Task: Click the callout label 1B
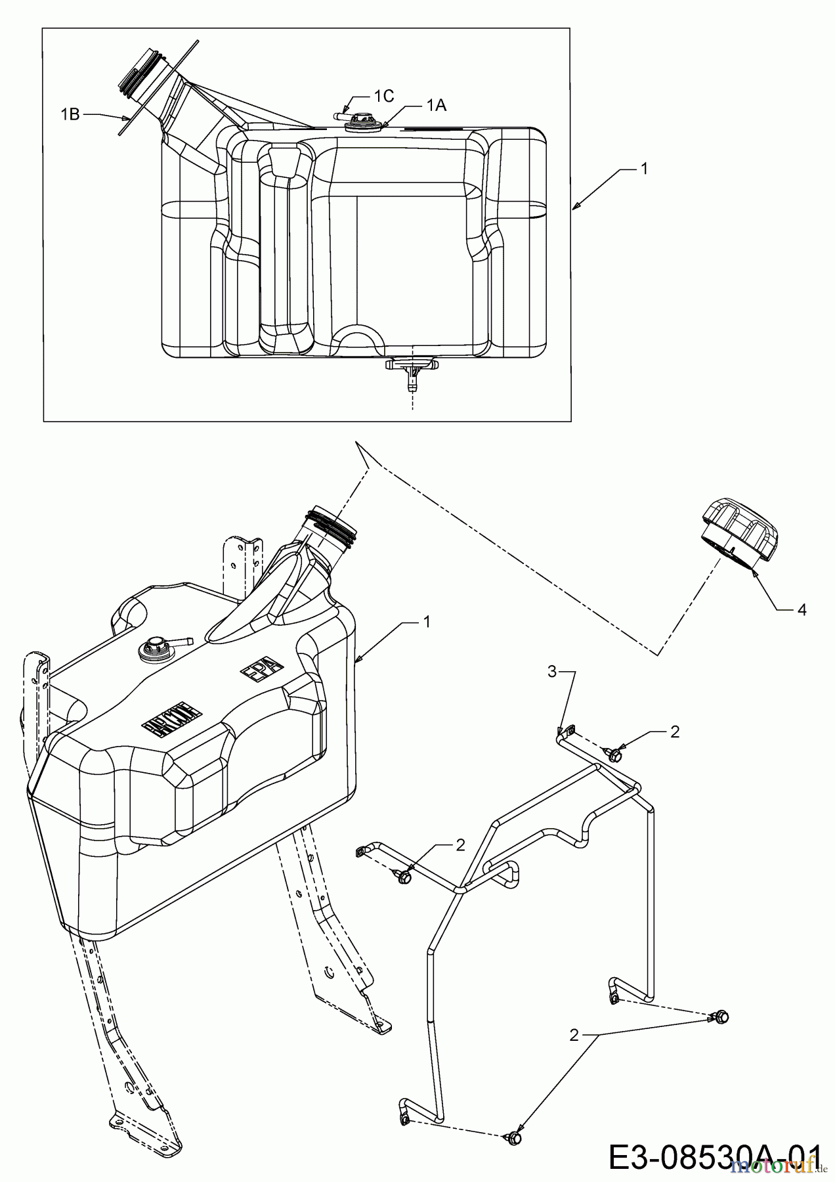[70, 114]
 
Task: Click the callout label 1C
[383, 96]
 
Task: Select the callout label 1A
[436, 105]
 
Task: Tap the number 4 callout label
[802, 609]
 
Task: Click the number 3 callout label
[553, 671]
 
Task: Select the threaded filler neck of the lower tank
[331, 525]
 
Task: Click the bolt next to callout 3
[614, 754]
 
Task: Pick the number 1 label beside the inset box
[644, 169]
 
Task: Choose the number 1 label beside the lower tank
[427, 621]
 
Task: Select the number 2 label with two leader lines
[574, 1036]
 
